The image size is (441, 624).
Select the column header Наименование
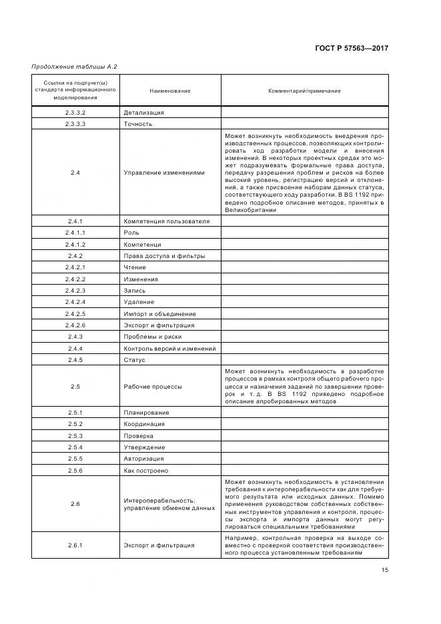tap(170, 91)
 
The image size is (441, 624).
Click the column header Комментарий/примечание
tap(304, 91)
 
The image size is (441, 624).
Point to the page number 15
tap(385, 569)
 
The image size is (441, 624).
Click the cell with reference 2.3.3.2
tap(75, 113)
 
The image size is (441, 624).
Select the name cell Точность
tap(138, 124)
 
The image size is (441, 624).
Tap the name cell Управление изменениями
tap(164, 173)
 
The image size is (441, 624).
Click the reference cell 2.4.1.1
tap(75, 233)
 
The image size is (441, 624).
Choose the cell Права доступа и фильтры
tap(164, 256)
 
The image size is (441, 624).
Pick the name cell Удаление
tap(139, 302)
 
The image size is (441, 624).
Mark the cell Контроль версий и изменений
tap(169, 349)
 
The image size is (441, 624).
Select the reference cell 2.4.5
tap(75, 360)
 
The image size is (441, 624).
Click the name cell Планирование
tap(146, 413)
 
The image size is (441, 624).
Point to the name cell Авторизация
tap(143, 459)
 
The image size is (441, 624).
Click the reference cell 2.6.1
tap(75, 545)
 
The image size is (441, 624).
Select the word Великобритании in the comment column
tap(250, 210)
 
